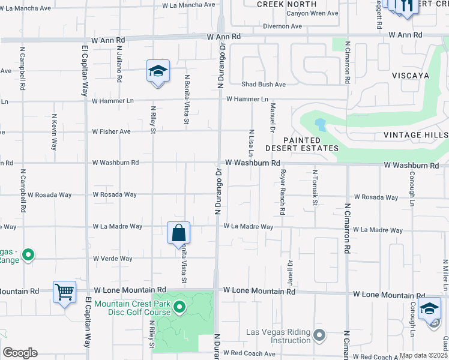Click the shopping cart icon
pos(64,292)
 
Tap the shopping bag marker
pos(179,233)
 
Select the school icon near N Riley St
pos(158,71)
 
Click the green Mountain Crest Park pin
pos(179,308)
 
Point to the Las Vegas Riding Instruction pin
pos(319,334)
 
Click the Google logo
pos(20,353)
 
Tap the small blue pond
pos(320,125)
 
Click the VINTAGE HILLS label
pos(419,135)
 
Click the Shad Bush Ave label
pos(264,85)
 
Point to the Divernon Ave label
pos(282,26)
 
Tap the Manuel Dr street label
pos(273,118)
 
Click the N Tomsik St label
pos(315,188)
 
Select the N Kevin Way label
pos(55,131)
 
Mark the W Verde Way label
pos(112,259)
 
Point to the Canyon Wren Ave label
pos(292,13)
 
